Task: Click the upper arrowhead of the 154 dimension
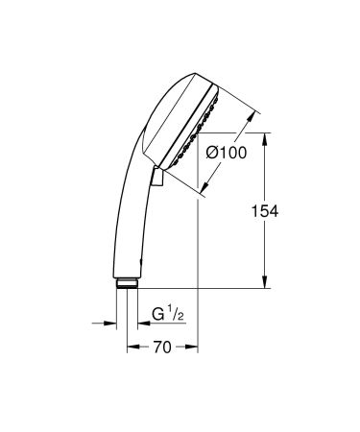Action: coord(266,138)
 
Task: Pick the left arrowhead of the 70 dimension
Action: coord(131,347)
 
